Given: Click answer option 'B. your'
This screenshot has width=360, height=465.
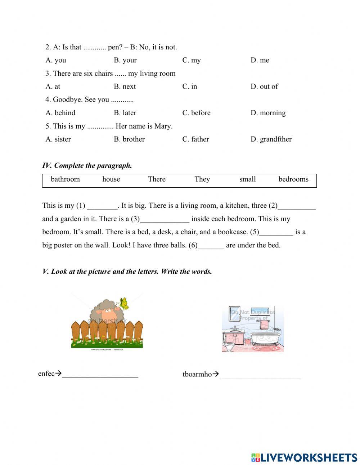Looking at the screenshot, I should click(x=125, y=60).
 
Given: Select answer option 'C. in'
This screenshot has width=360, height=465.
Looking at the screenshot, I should click(x=189, y=86).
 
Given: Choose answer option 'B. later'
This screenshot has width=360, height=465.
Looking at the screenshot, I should click(x=125, y=113).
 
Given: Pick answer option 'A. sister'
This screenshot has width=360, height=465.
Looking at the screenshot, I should click(x=58, y=139).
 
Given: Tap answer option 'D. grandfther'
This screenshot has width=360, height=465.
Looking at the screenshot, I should click(x=271, y=139).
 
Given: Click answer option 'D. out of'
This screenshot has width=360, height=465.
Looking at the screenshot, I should click(x=264, y=86).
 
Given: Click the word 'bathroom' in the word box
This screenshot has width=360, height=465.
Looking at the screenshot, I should click(x=65, y=179).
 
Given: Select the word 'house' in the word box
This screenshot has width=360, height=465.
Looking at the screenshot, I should click(x=111, y=179).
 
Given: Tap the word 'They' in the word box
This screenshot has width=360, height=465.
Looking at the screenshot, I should click(x=202, y=179).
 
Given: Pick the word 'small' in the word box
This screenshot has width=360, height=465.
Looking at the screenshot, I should click(x=247, y=179).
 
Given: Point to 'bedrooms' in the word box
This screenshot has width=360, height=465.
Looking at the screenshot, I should click(x=293, y=179).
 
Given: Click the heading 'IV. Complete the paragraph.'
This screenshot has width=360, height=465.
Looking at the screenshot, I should click(x=87, y=166).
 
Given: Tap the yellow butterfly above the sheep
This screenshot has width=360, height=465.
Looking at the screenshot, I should click(x=123, y=303).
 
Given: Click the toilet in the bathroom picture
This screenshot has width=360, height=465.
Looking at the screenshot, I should click(x=229, y=346).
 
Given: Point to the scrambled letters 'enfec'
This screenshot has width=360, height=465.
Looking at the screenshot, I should click(x=46, y=374).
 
